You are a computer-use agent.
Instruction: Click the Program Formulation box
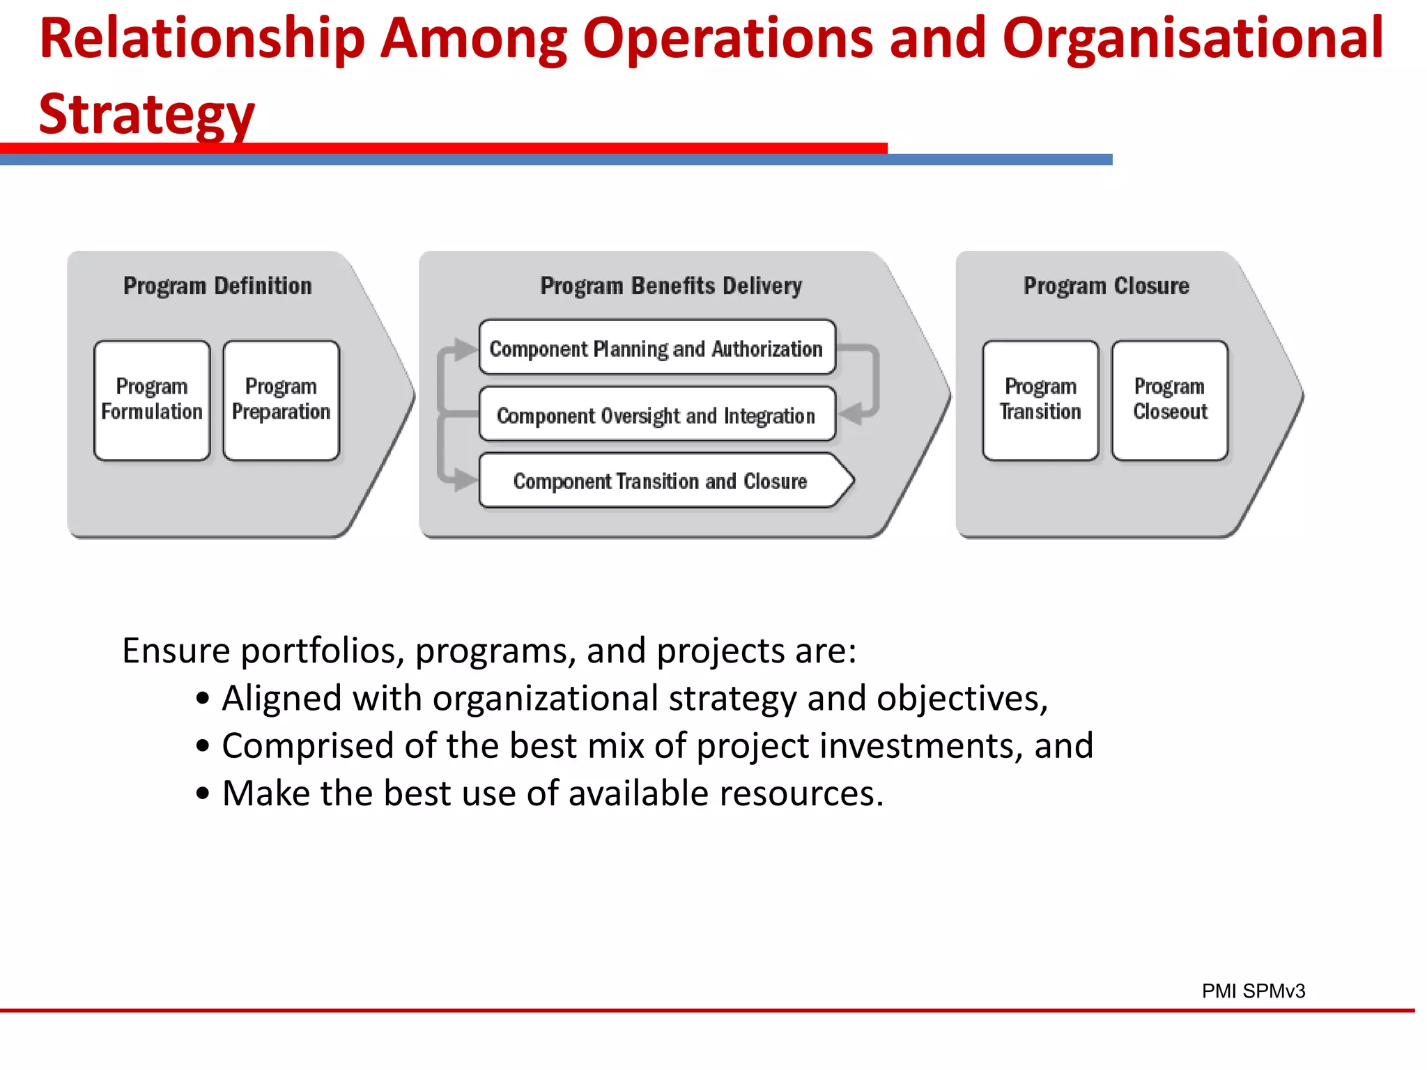click(152, 400)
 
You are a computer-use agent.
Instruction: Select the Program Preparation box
click(281, 400)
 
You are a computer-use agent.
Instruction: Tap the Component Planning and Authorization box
click(656, 348)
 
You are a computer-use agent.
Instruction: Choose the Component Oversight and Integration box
click(656, 415)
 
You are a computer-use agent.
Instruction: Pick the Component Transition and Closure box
click(661, 481)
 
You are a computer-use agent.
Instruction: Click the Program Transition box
click(1040, 400)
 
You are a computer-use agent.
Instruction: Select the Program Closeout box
click(1170, 400)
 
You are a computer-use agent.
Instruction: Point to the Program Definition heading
click(217, 286)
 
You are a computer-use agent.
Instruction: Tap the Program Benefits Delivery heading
click(671, 286)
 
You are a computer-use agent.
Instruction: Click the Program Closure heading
click(1106, 286)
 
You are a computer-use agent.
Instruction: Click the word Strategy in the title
click(147, 114)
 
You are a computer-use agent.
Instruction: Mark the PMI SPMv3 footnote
click(1253, 991)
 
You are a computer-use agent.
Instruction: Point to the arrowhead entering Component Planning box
click(465, 349)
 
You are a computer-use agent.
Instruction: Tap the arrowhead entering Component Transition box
click(465, 480)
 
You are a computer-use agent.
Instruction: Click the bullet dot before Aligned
click(202, 699)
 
